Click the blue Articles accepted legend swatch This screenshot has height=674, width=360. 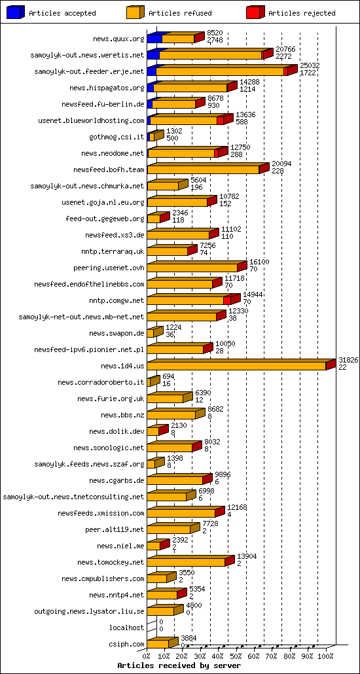[16, 12]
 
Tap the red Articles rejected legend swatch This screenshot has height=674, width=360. [255, 12]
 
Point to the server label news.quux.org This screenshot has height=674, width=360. [118, 39]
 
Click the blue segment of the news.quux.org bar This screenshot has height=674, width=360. [154, 39]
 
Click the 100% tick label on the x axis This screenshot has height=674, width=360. [325, 656]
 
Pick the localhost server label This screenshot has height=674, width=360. [127, 628]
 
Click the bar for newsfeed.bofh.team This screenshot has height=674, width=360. [204, 169]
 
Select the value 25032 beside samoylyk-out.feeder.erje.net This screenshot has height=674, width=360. [310, 66]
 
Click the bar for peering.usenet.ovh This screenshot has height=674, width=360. [193, 267]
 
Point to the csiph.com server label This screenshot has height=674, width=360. [128, 644]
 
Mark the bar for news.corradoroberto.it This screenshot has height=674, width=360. [153, 381]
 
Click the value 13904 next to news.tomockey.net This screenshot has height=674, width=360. [247, 556]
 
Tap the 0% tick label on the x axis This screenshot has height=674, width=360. [147, 656]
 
